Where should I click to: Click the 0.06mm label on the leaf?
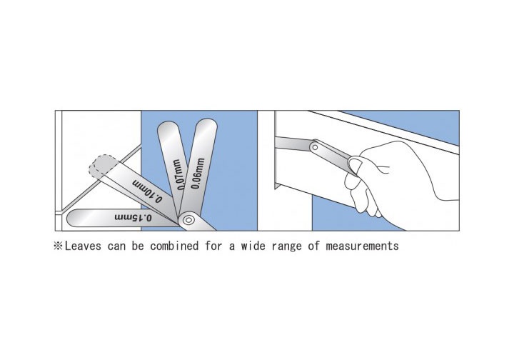click(198, 174)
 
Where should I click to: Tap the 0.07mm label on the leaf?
click(178, 174)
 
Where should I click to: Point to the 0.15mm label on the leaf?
click(133, 217)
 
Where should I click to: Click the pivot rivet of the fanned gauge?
click(188, 220)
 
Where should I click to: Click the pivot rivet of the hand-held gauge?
click(315, 147)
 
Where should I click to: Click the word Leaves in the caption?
click(83, 246)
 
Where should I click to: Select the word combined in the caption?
click(174, 246)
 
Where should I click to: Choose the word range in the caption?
click(286, 246)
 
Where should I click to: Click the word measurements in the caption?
click(362, 246)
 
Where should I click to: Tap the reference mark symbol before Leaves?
click(58, 246)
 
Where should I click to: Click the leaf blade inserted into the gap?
click(293, 144)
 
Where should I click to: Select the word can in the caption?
click(116, 246)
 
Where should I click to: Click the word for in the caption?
click(213, 246)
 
